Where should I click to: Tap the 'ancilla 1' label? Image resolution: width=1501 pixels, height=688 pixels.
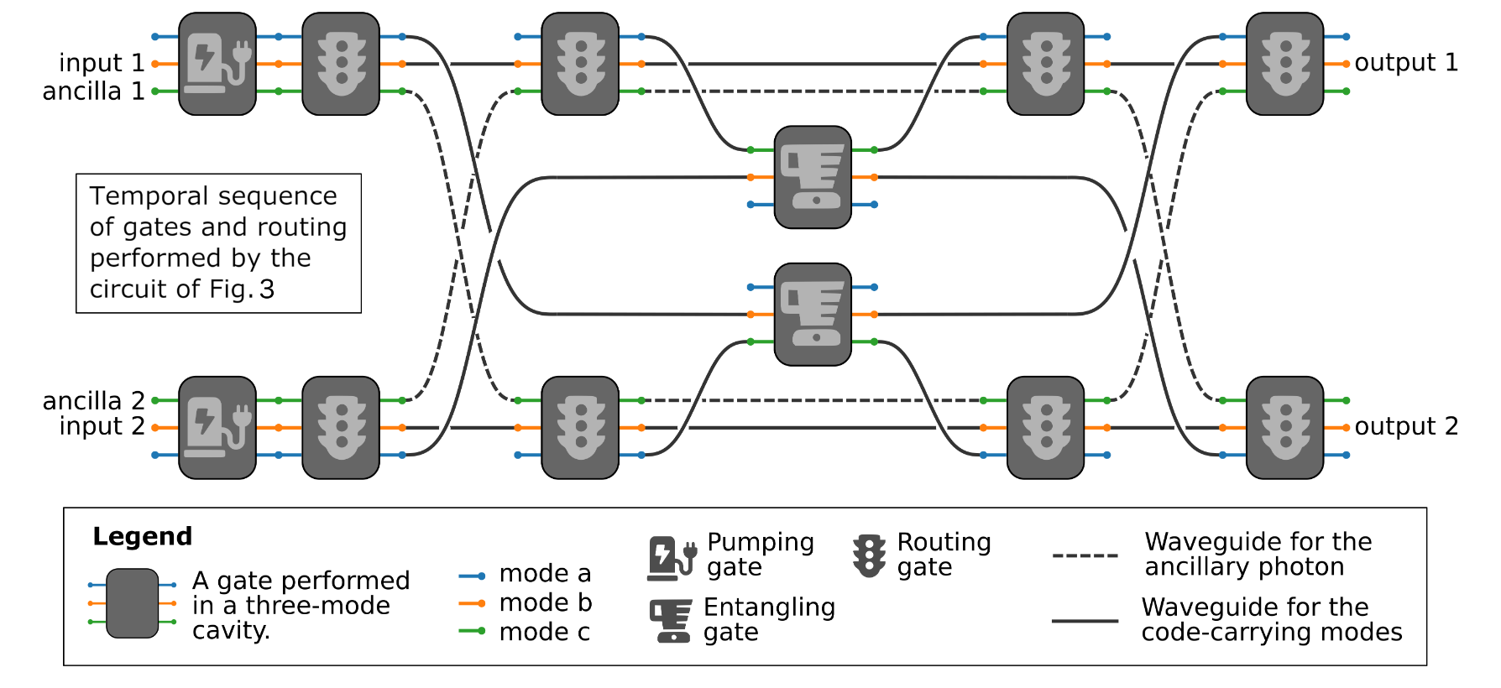tap(93, 91)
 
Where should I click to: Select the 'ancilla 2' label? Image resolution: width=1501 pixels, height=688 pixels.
tap(93, 401)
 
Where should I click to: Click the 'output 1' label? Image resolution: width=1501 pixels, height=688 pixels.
tap(1406, 63)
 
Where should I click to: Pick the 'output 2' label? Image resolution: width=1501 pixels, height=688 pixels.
tap(1406, 426)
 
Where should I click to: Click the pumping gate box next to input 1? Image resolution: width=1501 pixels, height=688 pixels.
tap(217, 64)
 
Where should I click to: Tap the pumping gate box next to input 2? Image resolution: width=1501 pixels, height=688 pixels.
tap(217, 428)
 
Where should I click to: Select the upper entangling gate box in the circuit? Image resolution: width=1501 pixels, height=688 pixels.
tap(813, 177)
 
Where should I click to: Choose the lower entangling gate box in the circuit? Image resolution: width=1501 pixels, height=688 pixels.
tap(813, 315)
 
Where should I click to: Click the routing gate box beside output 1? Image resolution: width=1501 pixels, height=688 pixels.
tap(1284, 64)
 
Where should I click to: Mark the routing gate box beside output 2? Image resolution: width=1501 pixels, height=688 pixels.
tap(1284, 428)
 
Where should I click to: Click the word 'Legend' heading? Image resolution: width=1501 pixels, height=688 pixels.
tap(143, 536)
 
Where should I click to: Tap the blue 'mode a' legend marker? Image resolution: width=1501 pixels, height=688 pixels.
tap(472, 576)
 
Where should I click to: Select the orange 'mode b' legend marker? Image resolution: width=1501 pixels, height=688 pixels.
tap(472, 603)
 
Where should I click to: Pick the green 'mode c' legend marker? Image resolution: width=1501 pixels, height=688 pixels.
tap(472, 631)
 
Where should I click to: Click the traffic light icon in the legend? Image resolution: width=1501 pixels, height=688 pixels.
tap(869, 555)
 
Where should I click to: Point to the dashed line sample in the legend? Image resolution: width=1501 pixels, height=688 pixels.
tap(1085, 555)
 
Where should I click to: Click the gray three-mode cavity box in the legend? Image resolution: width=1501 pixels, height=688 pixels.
tap(133, 603)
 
